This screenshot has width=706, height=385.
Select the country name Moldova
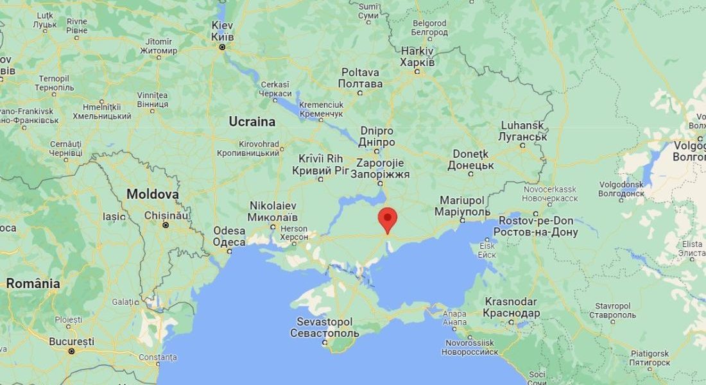152,194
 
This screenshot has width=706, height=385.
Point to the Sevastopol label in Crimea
324,327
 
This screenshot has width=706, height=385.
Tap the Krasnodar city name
512,308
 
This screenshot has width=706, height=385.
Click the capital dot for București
71,351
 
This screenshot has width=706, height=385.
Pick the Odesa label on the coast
229,236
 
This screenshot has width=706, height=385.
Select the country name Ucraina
252,121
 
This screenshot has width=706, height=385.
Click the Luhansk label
522,131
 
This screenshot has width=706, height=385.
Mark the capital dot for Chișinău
166,225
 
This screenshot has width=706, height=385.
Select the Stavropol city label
597,311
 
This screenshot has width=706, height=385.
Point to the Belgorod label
429,27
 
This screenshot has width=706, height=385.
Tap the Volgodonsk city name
621,187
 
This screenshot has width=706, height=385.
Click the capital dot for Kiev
223,47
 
